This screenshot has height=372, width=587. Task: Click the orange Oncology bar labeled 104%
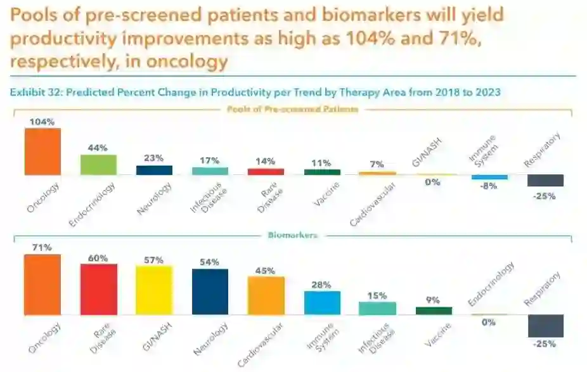coord(42,151)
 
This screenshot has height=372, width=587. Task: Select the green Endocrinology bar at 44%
coord(98,164)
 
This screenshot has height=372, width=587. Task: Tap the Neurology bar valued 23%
coord(154,170)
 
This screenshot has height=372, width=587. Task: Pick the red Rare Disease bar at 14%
coord(266,171)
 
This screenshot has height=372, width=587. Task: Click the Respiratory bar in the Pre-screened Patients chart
coord(545,181)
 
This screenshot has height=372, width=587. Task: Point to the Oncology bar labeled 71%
coord(42,285)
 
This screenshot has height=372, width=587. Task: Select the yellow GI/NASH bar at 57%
coord(154,290)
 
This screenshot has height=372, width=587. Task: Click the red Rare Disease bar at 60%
coord(98,289)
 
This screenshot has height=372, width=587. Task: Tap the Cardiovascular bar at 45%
coord(266,295)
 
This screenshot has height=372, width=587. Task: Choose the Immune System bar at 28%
coord(322,302)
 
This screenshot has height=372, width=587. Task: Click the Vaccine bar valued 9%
coord(434,311)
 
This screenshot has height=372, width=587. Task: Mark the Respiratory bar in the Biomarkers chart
coord(545,325)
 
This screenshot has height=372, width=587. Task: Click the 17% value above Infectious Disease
coord(209,160)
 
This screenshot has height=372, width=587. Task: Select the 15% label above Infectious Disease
coord(377,295)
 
